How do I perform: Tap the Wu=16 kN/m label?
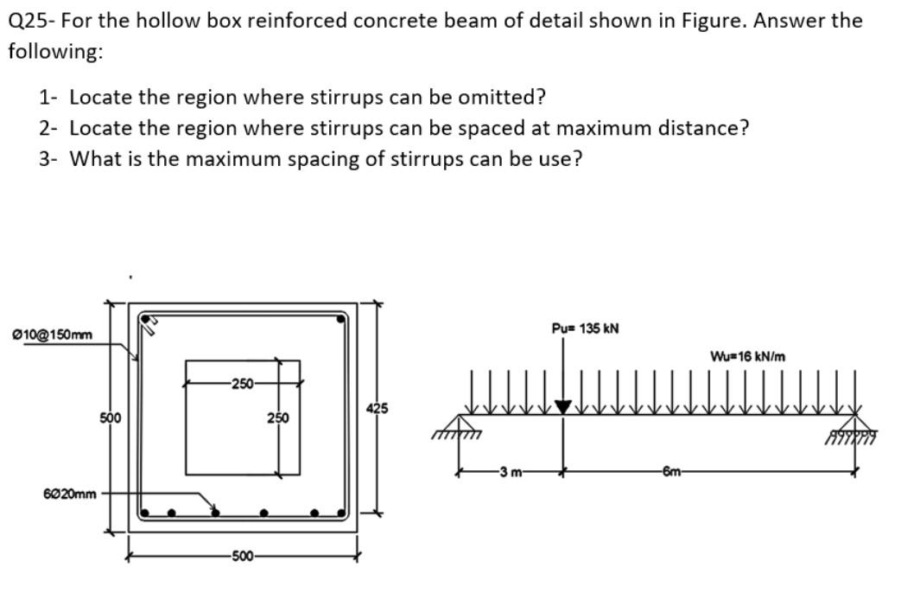click(747, 356)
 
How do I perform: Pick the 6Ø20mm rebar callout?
click(69, 494)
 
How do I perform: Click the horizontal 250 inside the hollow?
click(243, 381)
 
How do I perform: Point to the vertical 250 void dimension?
click(277, 418)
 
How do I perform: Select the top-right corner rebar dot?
click(343, 319)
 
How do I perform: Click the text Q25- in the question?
click(29, 21)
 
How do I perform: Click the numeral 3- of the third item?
click(48, 159)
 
